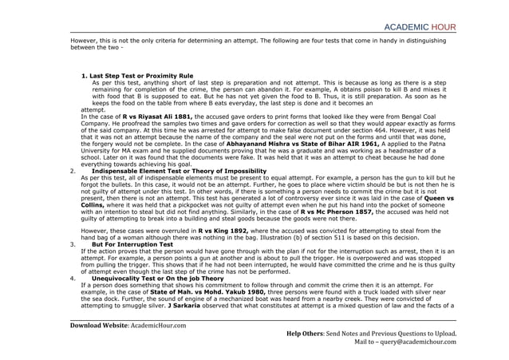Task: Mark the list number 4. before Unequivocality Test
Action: click(x=73, y=279)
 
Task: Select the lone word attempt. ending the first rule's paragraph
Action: click(x=93, y=109)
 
